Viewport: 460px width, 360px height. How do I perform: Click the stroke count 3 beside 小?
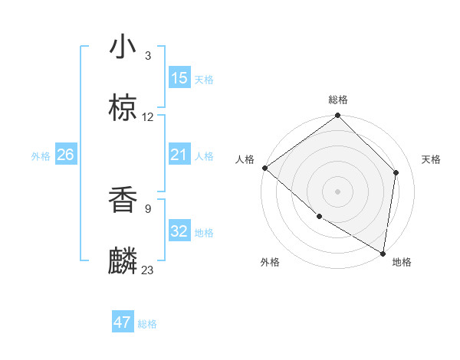pos(148,55)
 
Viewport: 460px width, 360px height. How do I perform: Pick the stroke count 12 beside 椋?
pos(148,117)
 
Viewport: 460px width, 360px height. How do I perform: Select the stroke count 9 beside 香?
pos(148,207)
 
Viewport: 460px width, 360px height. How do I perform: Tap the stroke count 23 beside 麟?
pos(148,270)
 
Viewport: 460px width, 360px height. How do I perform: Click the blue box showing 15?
pos(179,78)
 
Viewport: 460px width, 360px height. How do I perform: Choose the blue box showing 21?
pos(179,155)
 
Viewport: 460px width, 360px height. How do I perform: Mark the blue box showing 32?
pos(179,231)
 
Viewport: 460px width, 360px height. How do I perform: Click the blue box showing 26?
pos(65,155)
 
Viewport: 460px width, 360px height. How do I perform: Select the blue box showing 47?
pos(123,323)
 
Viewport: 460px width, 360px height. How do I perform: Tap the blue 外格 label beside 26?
pos(41,156)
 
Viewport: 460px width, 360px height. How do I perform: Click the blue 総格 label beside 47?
pos(147,324)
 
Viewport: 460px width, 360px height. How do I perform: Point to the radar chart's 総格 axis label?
pos(338,100)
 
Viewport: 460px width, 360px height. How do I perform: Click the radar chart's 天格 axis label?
pos(432,159)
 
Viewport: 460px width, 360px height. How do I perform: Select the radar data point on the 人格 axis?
pos(264,168)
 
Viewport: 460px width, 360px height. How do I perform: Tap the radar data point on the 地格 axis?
pos(383,253)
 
